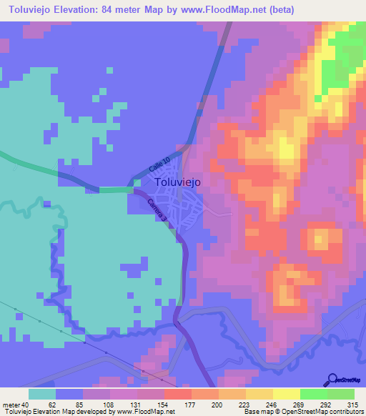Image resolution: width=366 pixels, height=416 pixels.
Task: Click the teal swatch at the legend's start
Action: point(42,394)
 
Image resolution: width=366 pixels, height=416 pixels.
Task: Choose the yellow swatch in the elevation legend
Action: point(286,394)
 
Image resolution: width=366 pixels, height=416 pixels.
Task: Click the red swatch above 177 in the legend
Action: point(177,394)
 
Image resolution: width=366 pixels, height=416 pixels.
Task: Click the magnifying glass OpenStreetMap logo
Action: point(333,380)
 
